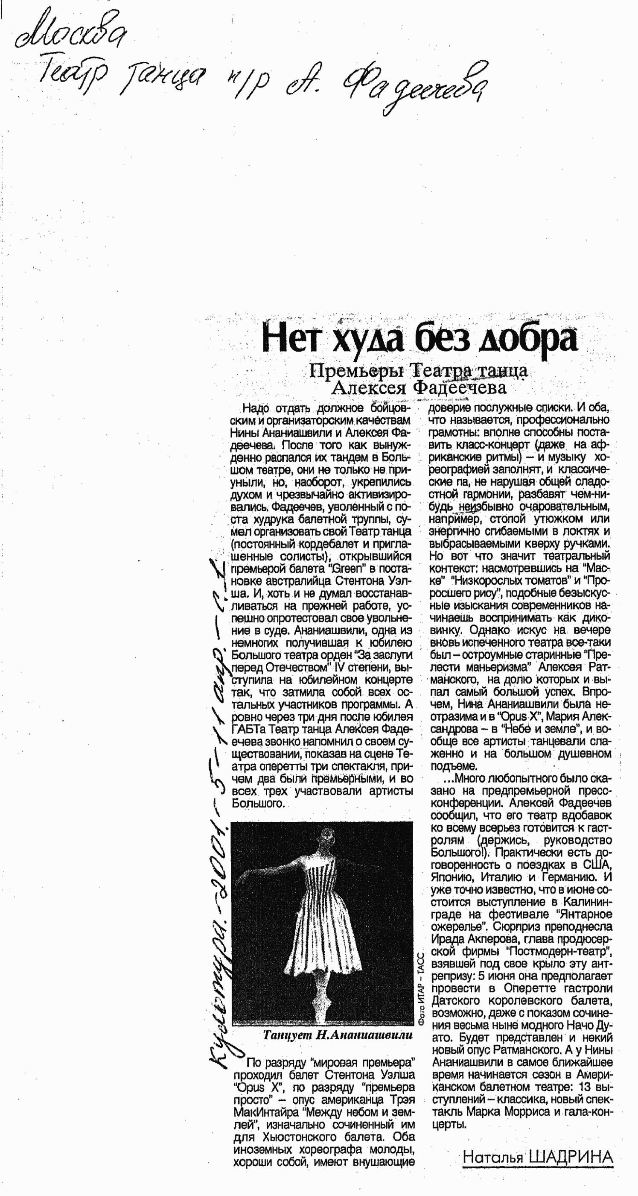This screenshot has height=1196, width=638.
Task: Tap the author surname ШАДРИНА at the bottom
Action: point(570,1157)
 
